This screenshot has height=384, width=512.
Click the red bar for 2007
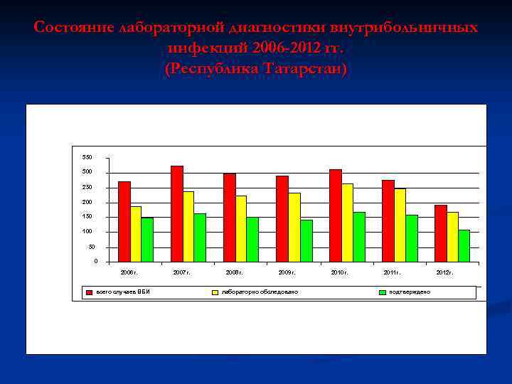tap(177, 213)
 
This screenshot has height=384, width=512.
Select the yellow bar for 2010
tap(347, 223)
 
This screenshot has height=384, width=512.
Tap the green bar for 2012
tap(464, 245)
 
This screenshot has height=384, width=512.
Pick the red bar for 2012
tap(441, 233)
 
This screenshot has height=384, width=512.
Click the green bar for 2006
tap(147, 240)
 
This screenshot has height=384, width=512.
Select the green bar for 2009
tap(306, 240)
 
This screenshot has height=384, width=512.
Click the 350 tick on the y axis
tap(87, 157)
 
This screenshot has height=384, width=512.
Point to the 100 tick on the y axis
tap(87, 232)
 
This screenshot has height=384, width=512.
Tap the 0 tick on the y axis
tap(95, 262)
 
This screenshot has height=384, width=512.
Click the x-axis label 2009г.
tap(287, 272)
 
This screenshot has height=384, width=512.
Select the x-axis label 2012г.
tap(444, 272)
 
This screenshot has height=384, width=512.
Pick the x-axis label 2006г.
tap(129, 272)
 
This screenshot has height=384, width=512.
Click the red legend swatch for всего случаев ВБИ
tap(90, 292)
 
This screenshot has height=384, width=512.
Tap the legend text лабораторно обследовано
tap(260, 292)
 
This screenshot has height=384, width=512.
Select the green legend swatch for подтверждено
tap(383, 292)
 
